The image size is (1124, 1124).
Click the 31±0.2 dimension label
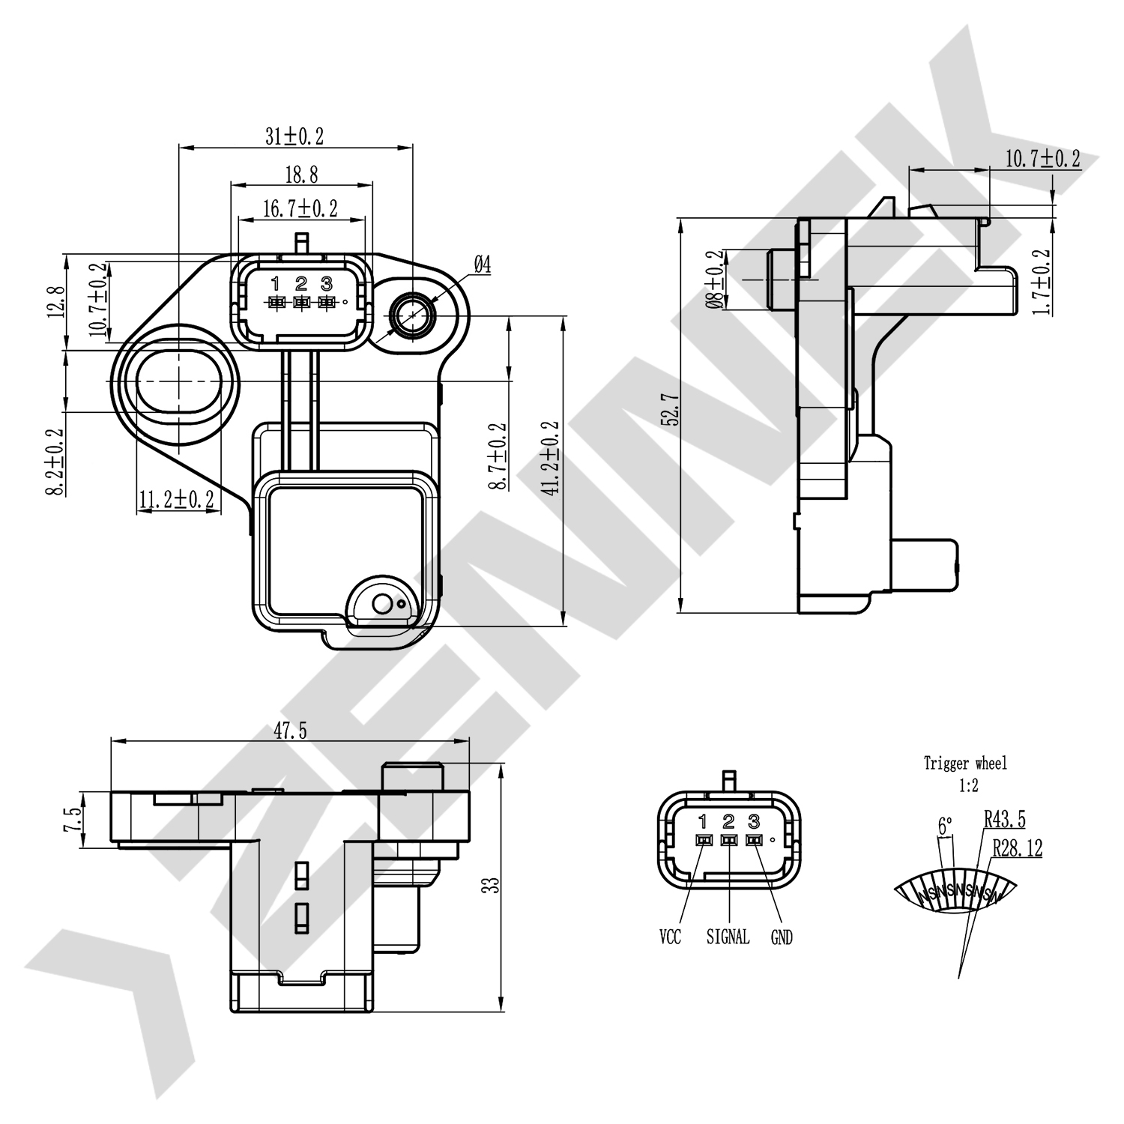[294, 136]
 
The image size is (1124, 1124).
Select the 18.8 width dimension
[301, 175]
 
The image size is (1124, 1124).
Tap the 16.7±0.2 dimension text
[300, 208]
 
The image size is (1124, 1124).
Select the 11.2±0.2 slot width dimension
[177, 499]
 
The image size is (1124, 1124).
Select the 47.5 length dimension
[290, 731]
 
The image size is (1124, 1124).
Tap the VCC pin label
[670, 937]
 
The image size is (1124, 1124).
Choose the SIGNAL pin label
[728, 937]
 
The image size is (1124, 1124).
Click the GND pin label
[782, 937]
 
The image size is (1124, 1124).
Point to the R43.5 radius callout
[1004, 819]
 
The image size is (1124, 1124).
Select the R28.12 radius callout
[1017, 848]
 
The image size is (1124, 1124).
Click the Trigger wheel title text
[965, 764]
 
